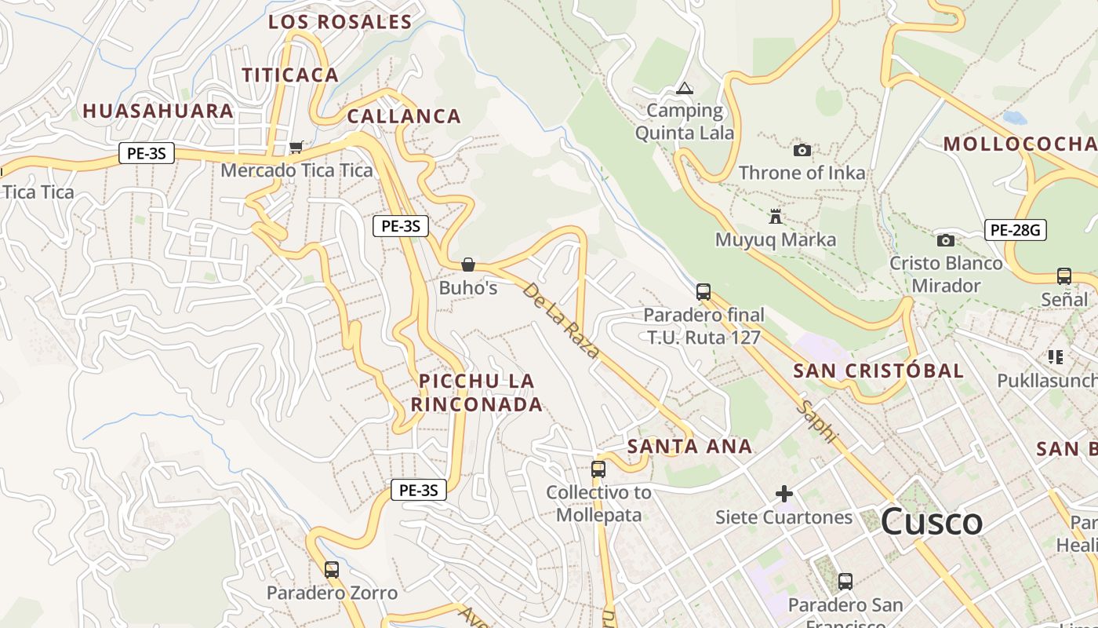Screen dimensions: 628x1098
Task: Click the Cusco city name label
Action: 932,522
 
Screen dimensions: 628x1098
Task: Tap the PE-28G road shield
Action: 1016,230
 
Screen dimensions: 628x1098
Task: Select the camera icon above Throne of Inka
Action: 802,150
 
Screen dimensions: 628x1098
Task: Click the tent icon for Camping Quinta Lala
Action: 685,89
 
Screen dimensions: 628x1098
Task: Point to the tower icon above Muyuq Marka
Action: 776,217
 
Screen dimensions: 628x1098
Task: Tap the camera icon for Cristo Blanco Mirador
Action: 946,240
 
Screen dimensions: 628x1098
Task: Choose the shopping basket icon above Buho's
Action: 468,265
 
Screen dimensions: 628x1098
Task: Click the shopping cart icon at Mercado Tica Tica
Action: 296,147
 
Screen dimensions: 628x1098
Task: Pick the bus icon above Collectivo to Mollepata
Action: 598,469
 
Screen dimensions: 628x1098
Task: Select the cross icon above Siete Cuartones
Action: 784,494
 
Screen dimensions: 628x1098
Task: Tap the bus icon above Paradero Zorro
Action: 332,569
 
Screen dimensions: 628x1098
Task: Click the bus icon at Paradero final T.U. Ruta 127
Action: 704,292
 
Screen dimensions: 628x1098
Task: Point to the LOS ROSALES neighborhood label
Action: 340,22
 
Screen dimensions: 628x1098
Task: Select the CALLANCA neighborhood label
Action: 404,117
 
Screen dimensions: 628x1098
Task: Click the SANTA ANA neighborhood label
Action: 690,447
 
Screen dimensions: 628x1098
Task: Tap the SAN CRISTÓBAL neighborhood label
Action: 878,371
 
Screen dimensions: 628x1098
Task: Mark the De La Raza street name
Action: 560,321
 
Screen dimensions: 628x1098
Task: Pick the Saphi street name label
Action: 819,422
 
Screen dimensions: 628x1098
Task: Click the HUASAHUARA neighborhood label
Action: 158,111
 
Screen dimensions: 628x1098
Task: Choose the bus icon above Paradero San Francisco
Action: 845,582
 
